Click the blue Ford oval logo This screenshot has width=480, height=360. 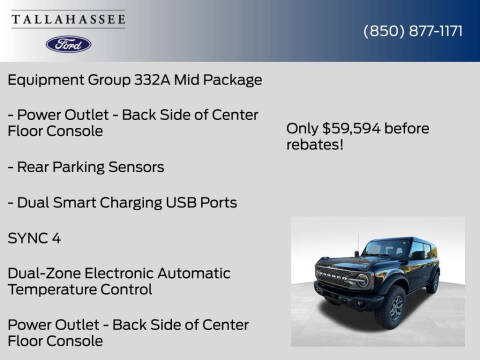click(x=68, y=44)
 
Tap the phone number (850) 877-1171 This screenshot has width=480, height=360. click(x=413, y=31)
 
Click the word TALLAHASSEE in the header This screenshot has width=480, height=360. click(x=68, y=17)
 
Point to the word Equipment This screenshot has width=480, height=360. click(x=45, y=79)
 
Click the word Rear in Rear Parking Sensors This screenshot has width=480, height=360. click(x=35, y=167)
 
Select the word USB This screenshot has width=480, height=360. click(x=181, y=202)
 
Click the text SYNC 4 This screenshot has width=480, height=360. click(x=36, y=238)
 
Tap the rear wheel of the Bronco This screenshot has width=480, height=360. click(x=432, y=285)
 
